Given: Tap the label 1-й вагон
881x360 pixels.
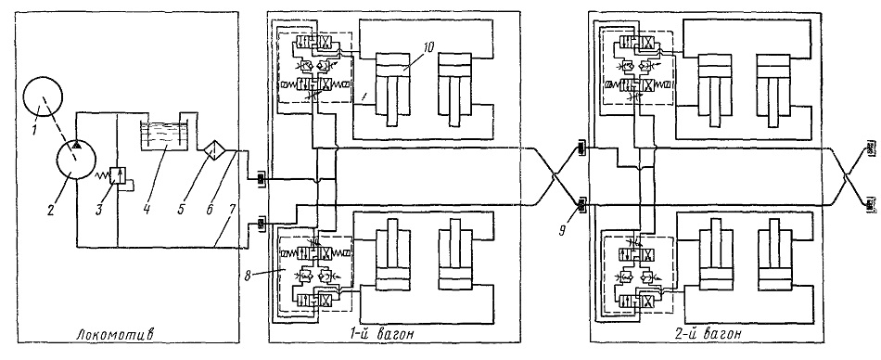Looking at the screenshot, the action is (380, 335).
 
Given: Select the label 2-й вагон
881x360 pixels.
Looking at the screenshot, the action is (706, 335).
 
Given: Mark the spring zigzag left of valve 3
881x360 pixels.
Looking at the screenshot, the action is (103, 175).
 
